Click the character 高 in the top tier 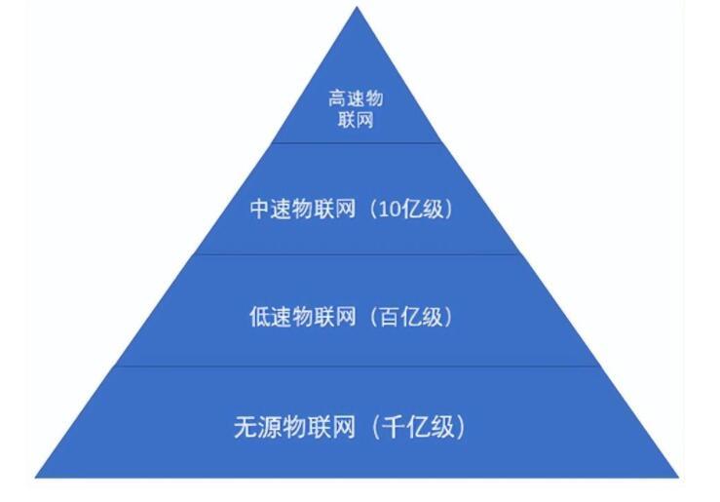click(336, 98)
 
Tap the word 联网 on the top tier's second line click(356, 120)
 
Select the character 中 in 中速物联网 click(260, 209)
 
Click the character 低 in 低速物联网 click(259, 317)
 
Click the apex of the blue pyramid click(357, 8)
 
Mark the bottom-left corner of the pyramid click(36, 477)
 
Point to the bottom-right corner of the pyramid click(678, 477)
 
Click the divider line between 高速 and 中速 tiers click(357, 143)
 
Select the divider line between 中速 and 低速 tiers click(357, 254)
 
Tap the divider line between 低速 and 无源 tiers click(357, 367)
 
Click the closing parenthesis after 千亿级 click(460, 427)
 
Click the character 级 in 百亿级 click(433, 317)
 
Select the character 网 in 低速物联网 click(346, 317)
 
